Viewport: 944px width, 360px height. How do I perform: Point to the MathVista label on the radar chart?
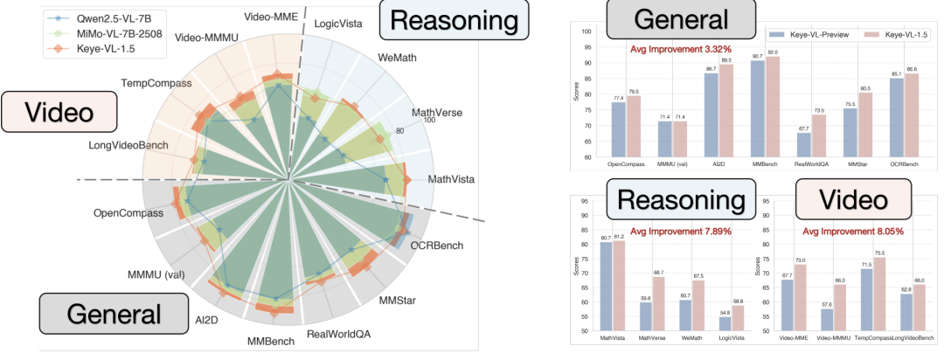tap(450, 179)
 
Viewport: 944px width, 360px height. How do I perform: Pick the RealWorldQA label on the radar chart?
tap(339, 333)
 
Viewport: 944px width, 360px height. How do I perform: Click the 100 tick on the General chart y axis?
tap(587, 31)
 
